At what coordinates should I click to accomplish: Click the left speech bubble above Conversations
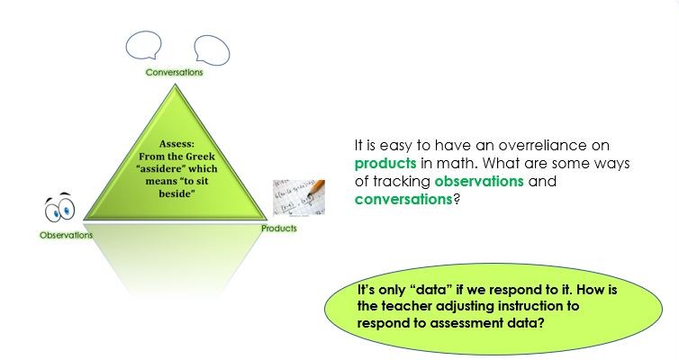pyautogui.click(x=142, y=45)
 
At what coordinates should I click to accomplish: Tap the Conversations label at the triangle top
pyautogui.click(x=174, y=72)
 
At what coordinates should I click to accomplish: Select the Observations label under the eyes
pyautogui.click(x=66, y=235)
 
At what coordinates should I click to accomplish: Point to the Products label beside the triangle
pyautogui.click(x=278, y=229)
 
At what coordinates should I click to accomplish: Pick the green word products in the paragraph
pyautogui.click(x=385, y=165)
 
